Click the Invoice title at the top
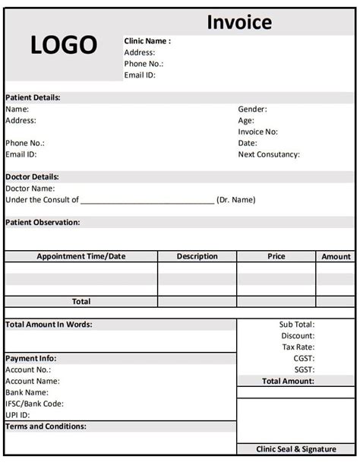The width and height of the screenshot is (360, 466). [238, 23]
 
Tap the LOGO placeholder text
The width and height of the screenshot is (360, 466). [64, 46]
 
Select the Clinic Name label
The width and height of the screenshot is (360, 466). [147, 41]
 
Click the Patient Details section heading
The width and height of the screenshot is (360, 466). [33, 97]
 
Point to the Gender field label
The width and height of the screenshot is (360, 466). [253, 109]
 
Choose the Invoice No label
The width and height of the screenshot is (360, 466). [258, 132]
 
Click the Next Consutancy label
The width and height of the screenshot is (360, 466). [269, 154]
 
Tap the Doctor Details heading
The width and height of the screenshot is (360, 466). [32, 177]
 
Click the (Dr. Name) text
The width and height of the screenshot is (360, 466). [236, 200]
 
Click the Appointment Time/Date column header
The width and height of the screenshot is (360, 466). [81, 257]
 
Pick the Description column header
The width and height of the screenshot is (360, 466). [197, 257]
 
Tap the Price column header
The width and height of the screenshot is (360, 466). [276, 257]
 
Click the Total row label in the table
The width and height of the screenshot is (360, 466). [81, 302]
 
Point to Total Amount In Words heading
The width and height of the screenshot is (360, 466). [49, 325]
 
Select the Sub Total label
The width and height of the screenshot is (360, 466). [296, 325]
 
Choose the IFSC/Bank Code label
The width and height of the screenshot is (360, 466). [34, 404]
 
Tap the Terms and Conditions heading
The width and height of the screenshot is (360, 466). [46, 426]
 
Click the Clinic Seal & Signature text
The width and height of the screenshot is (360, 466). [295, 449]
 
